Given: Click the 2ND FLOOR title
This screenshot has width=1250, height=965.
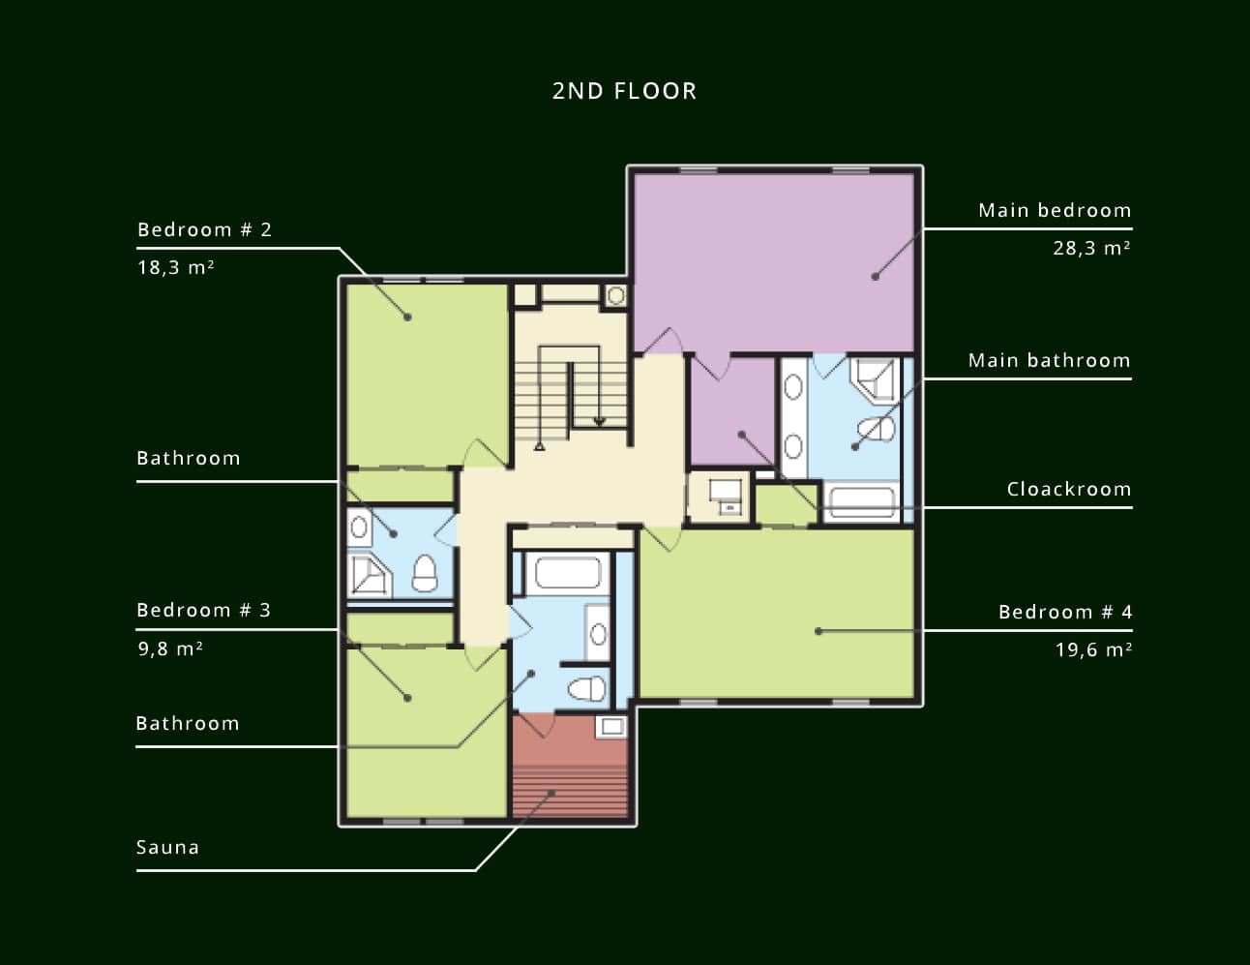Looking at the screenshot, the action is (624, 91).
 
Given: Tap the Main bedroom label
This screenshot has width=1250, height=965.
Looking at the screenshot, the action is (1055, 210).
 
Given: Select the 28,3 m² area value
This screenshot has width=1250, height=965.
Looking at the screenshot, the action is (1091, 248).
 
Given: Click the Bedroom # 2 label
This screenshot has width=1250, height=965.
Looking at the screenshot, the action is (204, 229).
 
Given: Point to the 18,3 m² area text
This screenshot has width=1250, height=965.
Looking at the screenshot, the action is (175, 267).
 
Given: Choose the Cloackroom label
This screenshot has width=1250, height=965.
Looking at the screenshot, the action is (1069, 489).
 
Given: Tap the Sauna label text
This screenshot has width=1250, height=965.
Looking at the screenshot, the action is (168, 847).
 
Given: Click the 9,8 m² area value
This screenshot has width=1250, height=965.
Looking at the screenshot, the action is (169, 649).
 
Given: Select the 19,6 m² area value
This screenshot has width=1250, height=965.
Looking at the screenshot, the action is (1093, 649).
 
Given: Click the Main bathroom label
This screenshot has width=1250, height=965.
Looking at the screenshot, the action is (1049, 360).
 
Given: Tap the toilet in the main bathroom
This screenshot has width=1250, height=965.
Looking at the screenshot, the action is (877, 430).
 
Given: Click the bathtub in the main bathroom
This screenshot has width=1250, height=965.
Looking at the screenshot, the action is (860, 502).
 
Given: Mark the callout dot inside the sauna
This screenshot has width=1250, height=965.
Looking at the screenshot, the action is (551, 794).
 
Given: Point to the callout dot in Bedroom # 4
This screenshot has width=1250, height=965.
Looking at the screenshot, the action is (818, 631).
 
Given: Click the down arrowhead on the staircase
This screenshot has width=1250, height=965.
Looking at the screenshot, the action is (600, 422).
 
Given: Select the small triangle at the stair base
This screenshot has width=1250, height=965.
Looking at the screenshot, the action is (540, 446).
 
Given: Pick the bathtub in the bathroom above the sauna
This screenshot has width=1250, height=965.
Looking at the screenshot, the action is (568, 573).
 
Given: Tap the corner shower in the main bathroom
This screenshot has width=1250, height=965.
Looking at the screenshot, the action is (875, 379).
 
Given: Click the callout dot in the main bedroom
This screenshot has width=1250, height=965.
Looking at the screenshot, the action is (875, 277).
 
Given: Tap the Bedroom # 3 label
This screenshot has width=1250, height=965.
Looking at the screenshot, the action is (203, 610).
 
